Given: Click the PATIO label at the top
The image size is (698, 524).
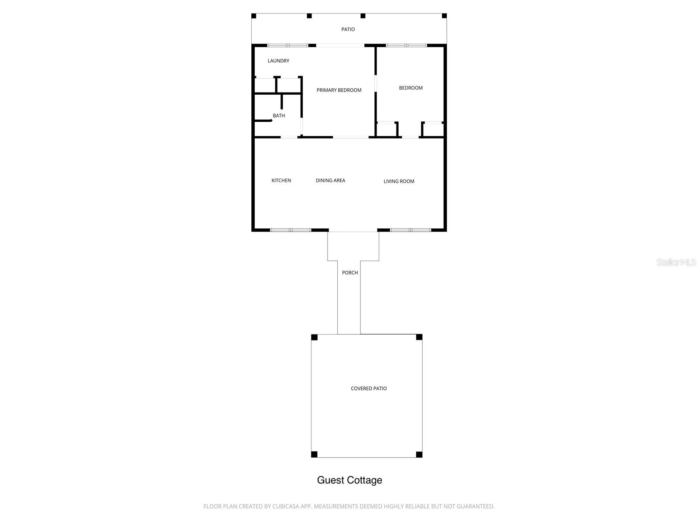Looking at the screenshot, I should pyautogui.click(x=348, y=29).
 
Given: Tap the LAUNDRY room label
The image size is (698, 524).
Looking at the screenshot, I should pyautogui.click(x=278, y=61).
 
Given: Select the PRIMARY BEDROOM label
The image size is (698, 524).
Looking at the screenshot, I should pyautogui.click(x=339, y=90).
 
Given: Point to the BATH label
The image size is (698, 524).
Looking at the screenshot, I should pyautogui.click(x=279, y=116).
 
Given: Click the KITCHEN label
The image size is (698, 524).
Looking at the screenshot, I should pyautogui.click(x=281, y=180).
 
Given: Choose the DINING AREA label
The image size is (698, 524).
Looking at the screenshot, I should pyautogui.click(x=330, y=180).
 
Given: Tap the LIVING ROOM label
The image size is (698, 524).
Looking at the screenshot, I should pyautogui.click(x=399, y=181).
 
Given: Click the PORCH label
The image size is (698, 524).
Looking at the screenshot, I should pyautogui.click(x=349, y=272).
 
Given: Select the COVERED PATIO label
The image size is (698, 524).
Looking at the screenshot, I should pyautogui.click(x=369, y=388).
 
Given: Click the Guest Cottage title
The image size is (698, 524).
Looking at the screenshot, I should pyautogui.click(x=349, y=480).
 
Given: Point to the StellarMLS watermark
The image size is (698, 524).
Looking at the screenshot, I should pyautogui.click(x=676, y=262).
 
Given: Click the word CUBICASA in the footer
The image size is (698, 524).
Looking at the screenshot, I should pyautogui.click(x=286, y=507).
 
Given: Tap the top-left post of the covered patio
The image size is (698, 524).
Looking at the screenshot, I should pyautogui.click(x=314, y=337).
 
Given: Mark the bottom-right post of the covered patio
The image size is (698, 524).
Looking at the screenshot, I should pyautogui.click(x=419, y=455).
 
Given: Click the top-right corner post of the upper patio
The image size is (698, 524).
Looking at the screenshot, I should pyautogui.click(x=444, y=16).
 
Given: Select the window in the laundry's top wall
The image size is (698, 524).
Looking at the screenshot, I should pyautogui.click(x=287, y=45).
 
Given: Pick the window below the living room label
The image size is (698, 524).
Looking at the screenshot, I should pyautogui.click(x=411, y=230).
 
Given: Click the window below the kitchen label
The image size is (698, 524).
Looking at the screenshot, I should pyautogui.click(x=291, y=230).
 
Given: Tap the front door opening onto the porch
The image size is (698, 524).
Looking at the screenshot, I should pyautogui.click(x=353, y=231).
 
